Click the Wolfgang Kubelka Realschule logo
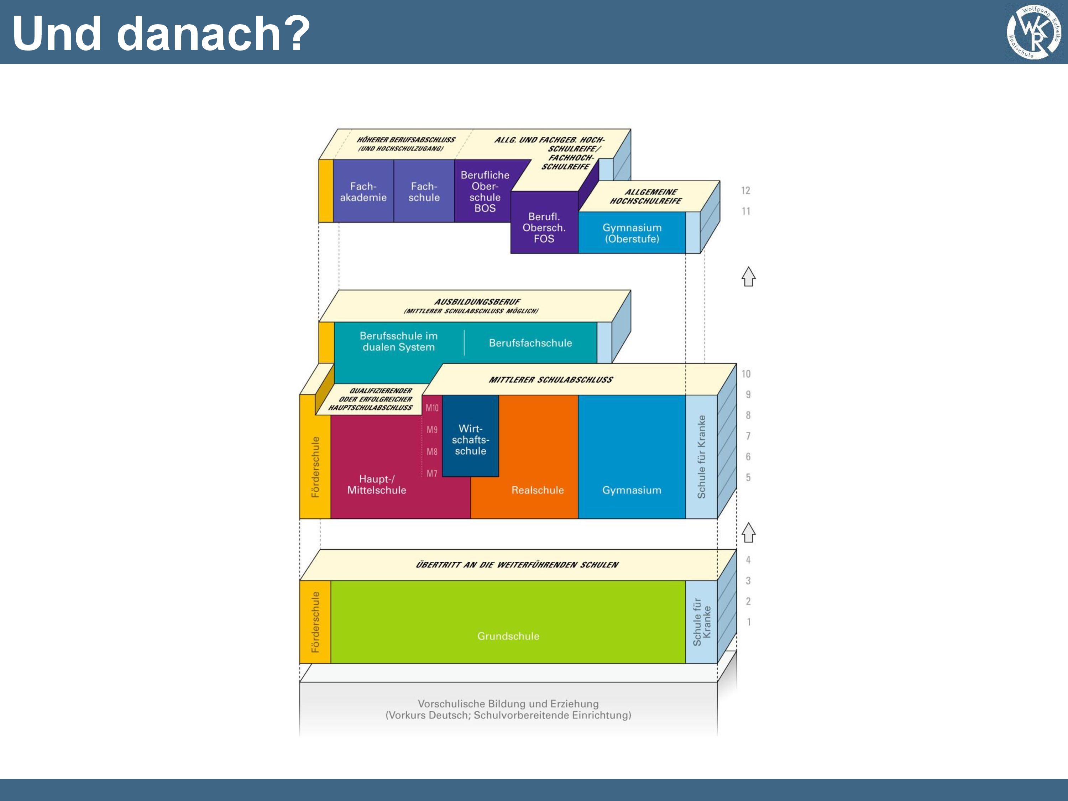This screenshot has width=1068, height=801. [x=1034, y=32]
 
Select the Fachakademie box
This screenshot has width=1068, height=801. [x=363, y=192]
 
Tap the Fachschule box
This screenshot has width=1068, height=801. [x=424, y=192]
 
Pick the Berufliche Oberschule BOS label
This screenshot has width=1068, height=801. [x=485, y=192]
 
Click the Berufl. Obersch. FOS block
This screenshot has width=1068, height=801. [x=544, y=227]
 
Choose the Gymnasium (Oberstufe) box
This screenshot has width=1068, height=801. [x=632, y=233]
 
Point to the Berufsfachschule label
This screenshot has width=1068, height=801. [x=530, y=343]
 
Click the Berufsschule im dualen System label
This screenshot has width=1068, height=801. [x=399, y=341]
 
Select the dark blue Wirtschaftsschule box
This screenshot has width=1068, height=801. [x=471, y=439]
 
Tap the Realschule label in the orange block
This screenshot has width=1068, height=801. [x=537, y=490]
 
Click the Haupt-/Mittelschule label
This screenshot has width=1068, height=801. [x=377, y=484]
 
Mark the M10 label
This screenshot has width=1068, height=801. [x=432, y=408]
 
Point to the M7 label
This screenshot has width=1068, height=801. [x=432, y=473]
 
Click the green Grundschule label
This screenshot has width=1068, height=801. [x=508, y=636]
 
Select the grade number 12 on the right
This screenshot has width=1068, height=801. [x=745, y=191]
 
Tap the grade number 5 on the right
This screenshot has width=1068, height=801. [x=748, y=477]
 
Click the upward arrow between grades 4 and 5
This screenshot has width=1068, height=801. [x=748, y=533]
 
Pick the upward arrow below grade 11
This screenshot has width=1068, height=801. [x=748, y=277]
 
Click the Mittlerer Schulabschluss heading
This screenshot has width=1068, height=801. [x=550, y=379]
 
